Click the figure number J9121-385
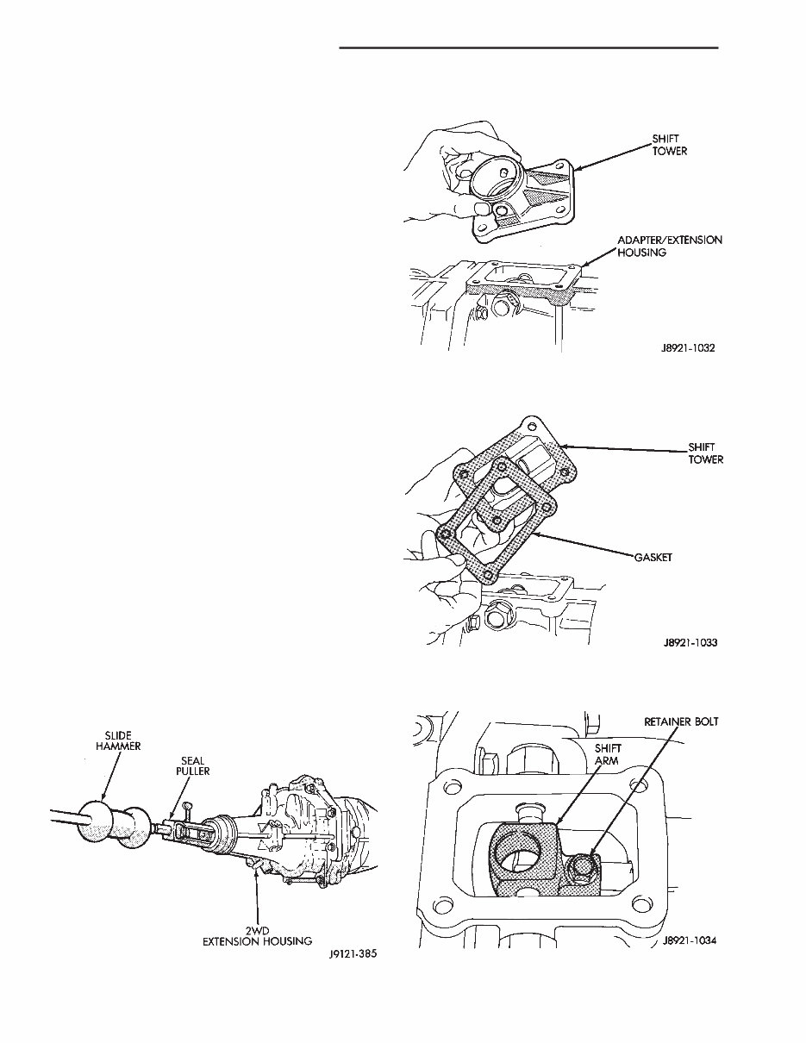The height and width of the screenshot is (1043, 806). click(355, 955)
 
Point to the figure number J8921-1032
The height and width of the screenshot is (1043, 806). click(684, 350)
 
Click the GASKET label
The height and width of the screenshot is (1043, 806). click(653, 558)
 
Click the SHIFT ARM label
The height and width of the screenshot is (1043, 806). click(609, 755)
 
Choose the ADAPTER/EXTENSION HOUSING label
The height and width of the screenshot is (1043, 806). click(669, 247)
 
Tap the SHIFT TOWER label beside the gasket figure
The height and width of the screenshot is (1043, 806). click(705, 453)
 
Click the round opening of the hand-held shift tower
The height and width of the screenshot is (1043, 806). click(495, 179)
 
